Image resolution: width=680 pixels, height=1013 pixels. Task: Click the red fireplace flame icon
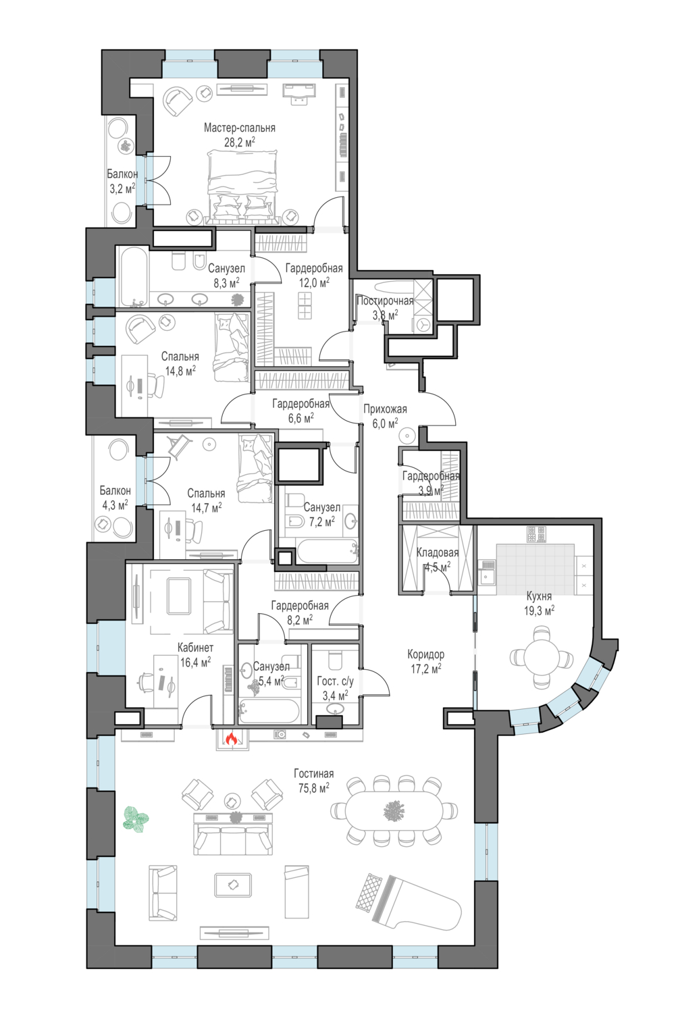coord(232,739)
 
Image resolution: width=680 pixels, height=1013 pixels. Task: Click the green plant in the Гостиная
coord(136,818)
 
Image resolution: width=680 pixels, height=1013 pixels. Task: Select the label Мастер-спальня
coord(239,128)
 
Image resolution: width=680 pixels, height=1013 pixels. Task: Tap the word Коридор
coord(425,654)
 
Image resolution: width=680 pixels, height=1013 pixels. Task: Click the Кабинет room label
coord(195,648)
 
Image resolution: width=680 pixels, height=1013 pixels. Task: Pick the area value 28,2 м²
coord(240,142)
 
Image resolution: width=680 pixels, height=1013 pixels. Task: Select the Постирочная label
coord(385,301)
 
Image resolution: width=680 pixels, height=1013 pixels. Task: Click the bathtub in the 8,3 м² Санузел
coord(134,277)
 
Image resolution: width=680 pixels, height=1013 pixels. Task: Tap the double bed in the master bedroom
coord(242,188)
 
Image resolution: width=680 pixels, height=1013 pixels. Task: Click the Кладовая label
coord(437,552)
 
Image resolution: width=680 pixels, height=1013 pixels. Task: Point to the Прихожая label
coord(385,409)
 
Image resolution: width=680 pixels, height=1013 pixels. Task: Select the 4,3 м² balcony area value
coord(115,504)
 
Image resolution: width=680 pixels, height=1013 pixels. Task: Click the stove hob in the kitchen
coord(535,534)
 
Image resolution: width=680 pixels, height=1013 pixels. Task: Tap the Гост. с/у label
coord(336,681)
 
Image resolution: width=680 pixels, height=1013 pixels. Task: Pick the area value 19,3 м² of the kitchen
coord(540,611)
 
